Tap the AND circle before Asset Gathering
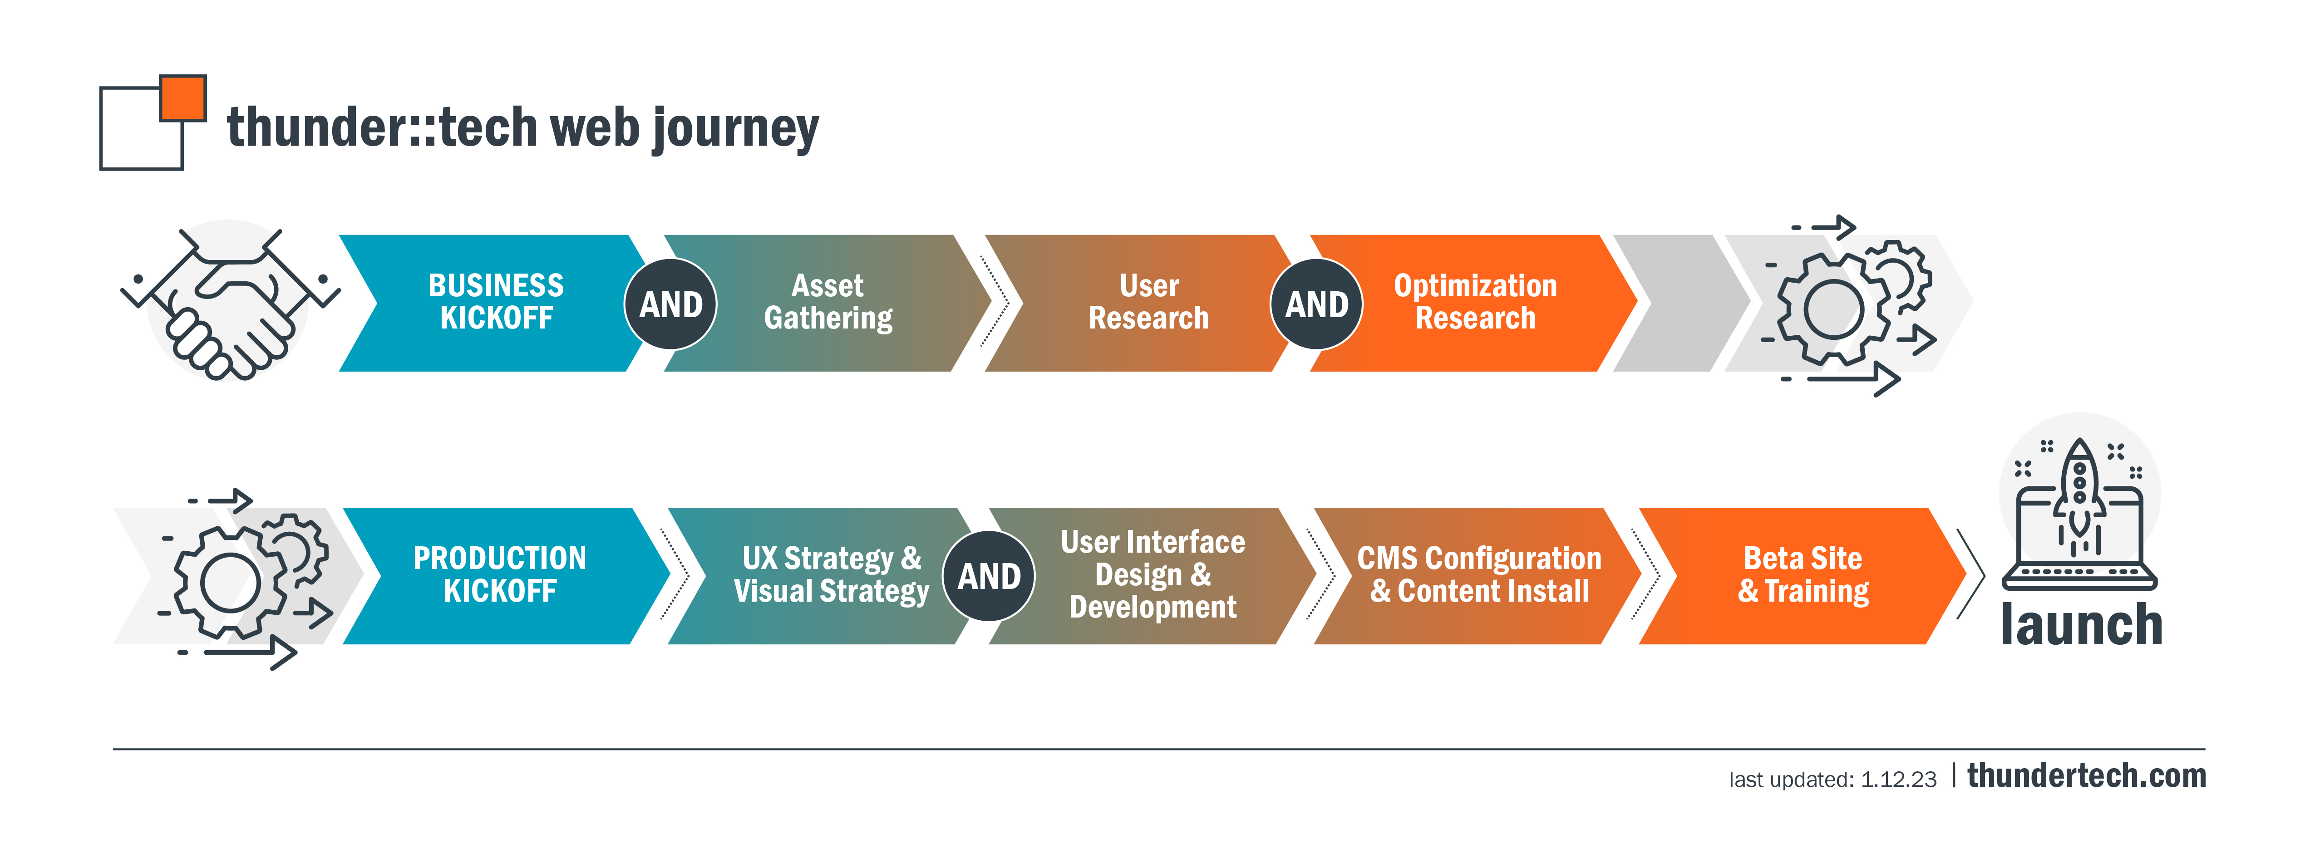670,304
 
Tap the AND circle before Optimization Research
1316,304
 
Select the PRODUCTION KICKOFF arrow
500,575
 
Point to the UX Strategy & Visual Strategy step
827,575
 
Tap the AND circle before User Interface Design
989,576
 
